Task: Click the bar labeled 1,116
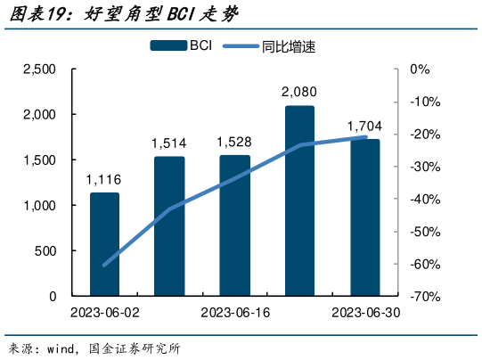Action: click(x=104, y=244)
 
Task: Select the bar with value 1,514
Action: click(x=169, y=226)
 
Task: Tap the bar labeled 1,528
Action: click(x=235, y=225)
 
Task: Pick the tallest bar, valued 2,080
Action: click(x=299, y=200)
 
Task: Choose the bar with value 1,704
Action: click(x=364, y=217)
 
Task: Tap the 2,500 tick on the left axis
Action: click(x=39, y=70)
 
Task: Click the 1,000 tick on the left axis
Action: click(x=39, y=206)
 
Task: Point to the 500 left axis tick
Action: click(x=46, y=251)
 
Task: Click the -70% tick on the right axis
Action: click(x=422, y=296)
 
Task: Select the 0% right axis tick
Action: click(x=420, y=70)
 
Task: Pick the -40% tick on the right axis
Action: click(x=422, y=199)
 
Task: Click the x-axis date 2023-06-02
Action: click(x=104, y=313)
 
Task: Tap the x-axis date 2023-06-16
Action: click(x=235, y=313)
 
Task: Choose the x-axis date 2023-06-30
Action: click(x=364, y=313)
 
